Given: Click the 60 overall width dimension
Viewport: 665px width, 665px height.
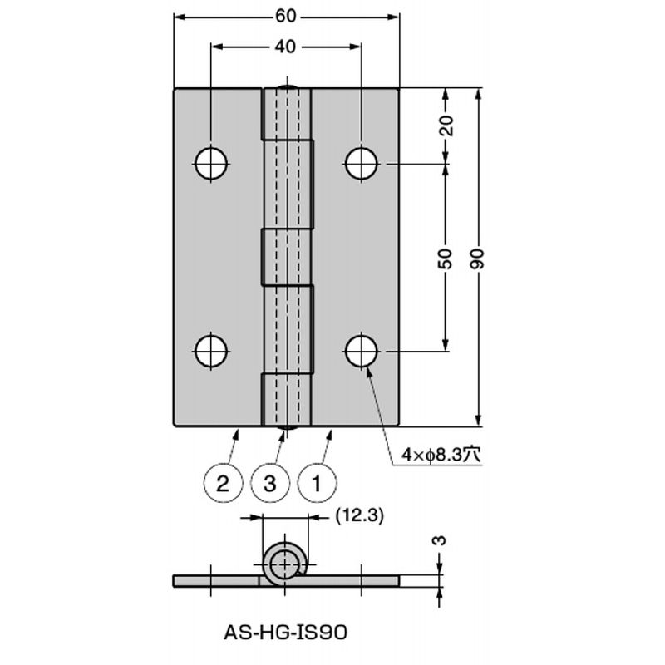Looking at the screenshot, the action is (285, 17).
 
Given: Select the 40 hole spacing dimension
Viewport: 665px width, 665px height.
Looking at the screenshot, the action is (285, 47).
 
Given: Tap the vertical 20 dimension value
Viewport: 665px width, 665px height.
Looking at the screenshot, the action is (446, 126).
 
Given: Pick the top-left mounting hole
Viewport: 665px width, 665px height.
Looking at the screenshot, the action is (211, 163).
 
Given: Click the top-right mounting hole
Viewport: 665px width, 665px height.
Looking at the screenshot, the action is (361, 163).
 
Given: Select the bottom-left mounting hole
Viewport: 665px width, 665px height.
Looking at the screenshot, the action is (211, 351).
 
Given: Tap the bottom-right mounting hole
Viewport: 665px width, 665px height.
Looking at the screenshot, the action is (361, 351).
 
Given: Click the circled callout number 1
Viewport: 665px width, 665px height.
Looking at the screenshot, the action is (317, 484).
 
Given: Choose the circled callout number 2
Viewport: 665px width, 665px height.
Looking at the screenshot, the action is (223, 484).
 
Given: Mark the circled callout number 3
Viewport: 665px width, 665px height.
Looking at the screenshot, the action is (269, 484).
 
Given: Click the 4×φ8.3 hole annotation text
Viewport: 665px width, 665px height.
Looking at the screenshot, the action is (441, 455).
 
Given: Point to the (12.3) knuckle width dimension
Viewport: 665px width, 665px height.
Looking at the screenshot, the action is (359, 515).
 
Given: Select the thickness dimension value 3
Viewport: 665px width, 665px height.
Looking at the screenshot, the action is (441, 540).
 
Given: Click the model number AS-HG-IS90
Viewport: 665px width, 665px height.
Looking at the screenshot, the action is (285, 633).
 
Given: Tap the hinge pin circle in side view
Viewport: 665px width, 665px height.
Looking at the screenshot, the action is (284, 565).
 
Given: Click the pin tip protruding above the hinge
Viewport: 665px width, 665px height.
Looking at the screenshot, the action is (287, 86).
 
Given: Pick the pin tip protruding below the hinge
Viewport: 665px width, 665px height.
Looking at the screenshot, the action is (287, 428).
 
